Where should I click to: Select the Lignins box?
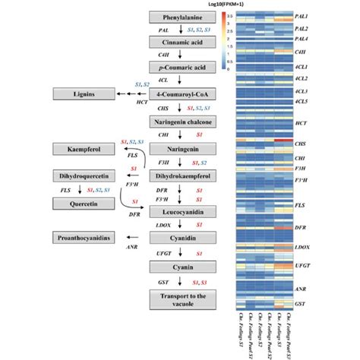click(77, 94)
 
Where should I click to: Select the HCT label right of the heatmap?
click(301, 123)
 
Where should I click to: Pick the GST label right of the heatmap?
click(301, 281)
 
